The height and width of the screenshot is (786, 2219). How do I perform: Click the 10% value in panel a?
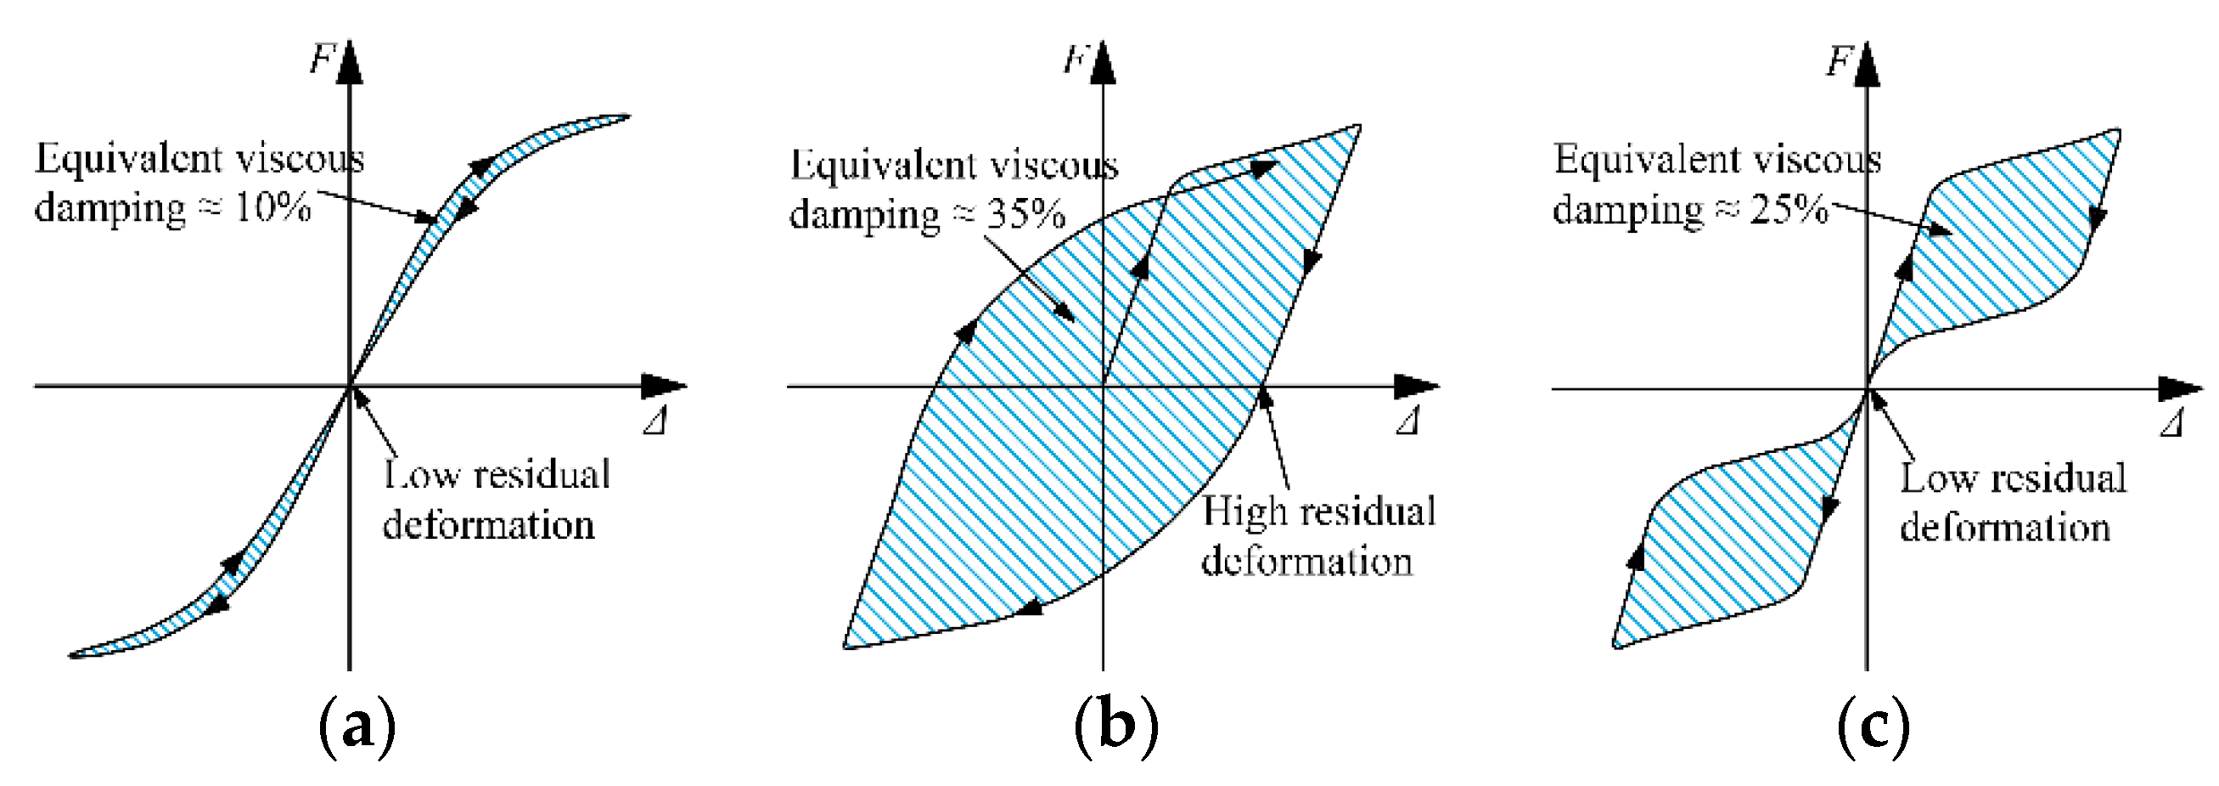[x=272, y=209]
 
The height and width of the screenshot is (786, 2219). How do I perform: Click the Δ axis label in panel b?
[x=1407, y=422]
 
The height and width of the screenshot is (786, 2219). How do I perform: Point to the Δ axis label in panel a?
[x=654, y=422]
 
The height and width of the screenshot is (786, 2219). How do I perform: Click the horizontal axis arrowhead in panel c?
[x=2179, y=389]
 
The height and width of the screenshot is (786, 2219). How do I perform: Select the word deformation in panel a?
[x=488, y=525]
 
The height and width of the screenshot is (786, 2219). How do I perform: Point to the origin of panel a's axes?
[x=349, y=387]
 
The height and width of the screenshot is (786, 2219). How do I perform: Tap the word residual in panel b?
[x=1361, y=512]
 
